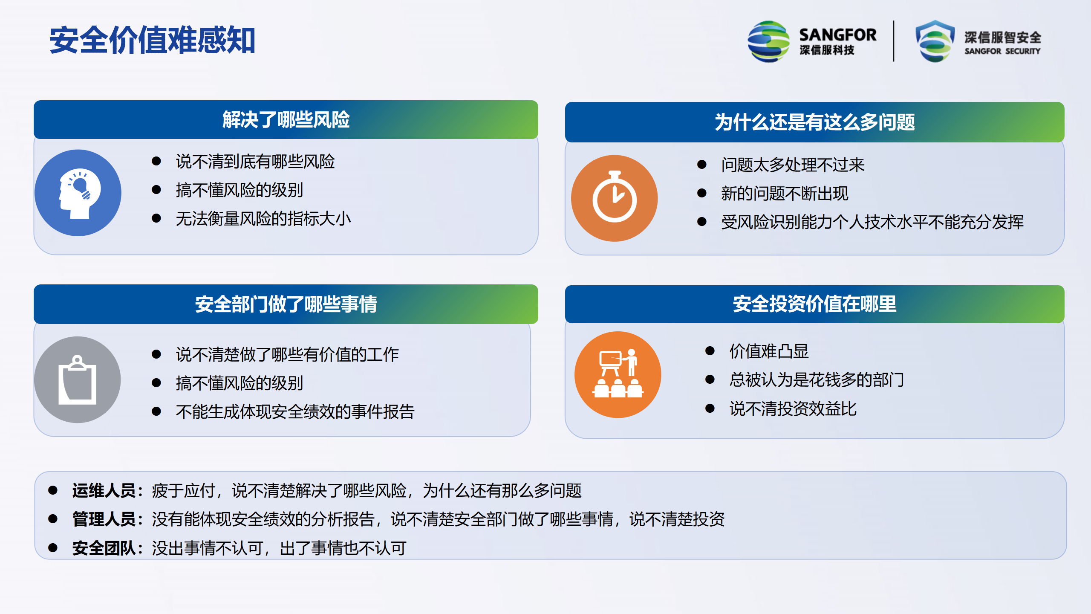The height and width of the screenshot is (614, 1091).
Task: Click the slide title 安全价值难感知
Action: (x=153, y=41)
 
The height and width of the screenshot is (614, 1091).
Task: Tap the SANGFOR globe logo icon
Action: (x=769, y=41)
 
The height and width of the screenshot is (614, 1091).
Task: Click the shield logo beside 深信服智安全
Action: (x=935, y=41)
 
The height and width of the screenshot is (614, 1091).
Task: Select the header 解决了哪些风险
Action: (x=286, y=120)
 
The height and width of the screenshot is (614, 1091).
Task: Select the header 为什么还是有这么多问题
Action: (x=814, y=122)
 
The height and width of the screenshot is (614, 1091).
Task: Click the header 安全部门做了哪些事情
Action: (x=286, y=304)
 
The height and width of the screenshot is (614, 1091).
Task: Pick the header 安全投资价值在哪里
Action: (x=814, y=304)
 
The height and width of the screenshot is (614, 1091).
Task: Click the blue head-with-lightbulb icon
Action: (x=78, y=193)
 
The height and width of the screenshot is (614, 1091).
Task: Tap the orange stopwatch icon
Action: (x=615, y=198)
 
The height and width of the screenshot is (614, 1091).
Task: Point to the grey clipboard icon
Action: (x=78, y=380)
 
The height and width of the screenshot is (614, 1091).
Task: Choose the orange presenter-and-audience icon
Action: (x=618, y=375)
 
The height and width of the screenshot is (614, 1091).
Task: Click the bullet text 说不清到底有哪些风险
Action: (x=255, y=162)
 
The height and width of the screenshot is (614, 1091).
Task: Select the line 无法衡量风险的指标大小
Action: (x=263, y=219)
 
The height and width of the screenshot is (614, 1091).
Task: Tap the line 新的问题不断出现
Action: (x=785, y=194)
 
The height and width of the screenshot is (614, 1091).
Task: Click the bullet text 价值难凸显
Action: (x=769, y=351)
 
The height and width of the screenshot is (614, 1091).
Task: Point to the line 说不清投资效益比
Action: (x=793, y=409)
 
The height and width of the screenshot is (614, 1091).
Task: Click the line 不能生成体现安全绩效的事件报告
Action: (x=295, y=412)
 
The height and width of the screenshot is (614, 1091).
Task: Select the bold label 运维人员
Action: (x=104, y=491)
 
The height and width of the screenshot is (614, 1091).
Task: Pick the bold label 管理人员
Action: (x=104, y=519)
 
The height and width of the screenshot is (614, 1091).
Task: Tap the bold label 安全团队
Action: (x=104, y=548)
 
